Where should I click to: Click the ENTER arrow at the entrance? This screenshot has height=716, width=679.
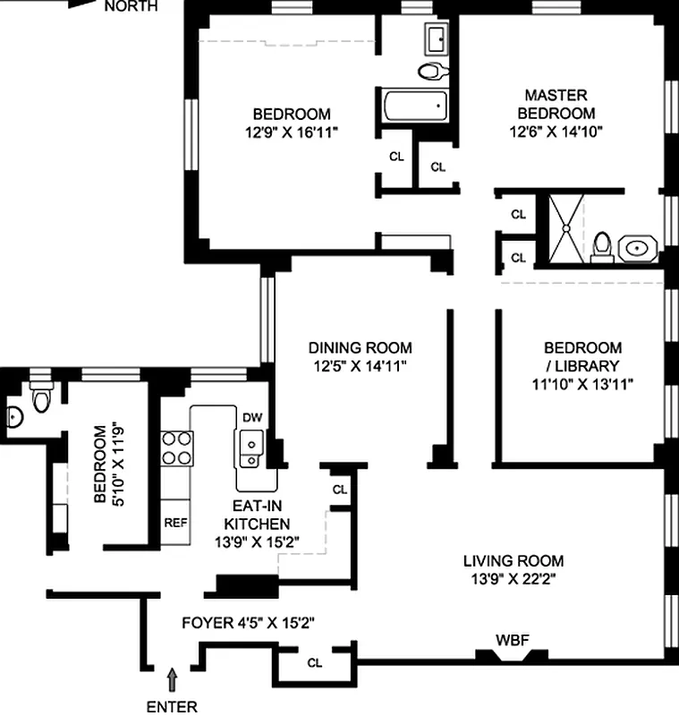pyautogui.click(x=172, y=679)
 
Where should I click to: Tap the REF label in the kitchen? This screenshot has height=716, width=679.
pyautogui.click(x=175, y=523)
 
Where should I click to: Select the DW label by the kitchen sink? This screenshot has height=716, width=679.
pyautogui.click(x=252, y=417)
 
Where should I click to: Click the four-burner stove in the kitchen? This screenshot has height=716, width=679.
pyautogui.click(x=176, y=448)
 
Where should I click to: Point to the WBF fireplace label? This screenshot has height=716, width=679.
pyautogui.click(x=512, y=640)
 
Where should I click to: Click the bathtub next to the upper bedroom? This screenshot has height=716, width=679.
pyautogui.click(x=415, y=106)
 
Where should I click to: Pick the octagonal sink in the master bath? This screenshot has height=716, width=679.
pyautogui.click(x=638, y=249)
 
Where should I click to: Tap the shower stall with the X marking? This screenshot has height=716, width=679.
pyautogui.click(x=565, y=228)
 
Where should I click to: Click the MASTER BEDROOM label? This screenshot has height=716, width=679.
pyautogui.click(x=556, y=104)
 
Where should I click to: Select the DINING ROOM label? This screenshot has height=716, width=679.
pyautogui.click(x=360, y=348)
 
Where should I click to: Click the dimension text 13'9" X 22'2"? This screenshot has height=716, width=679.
pyautogui.click(x=513, y=579)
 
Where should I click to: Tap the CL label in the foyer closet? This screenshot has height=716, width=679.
pyautogui.click(x=314, y=662)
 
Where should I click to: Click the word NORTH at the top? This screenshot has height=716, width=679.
pyautogui.click(x=131, y=6)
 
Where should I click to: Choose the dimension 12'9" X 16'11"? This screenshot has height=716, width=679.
pyautogui.click(x=291, y=132)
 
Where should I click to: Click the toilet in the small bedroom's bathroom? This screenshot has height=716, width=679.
pyautogui.click(x=41, y=396)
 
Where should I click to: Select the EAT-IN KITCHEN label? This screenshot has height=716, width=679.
pyautogui.click(x=257, y=515)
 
